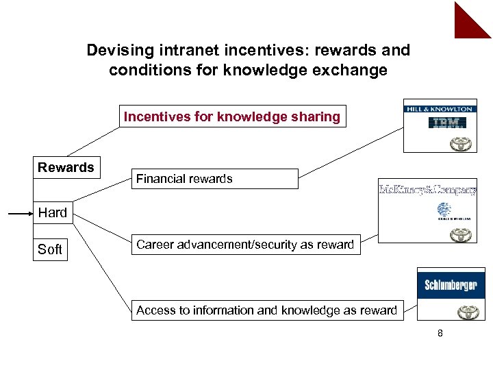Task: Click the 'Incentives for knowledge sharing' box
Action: pyautogui.click(x=232, y=116)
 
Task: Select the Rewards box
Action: pyautogui.click(x=66, y=167)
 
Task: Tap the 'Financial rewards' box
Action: pyautogui.click(x=214, y=179)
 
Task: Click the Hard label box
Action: pyautogui.click(x=53, y=212)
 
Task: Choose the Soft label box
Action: pyautogui.click(x=50, y=249)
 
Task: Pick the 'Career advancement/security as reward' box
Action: pyautogui.click(x=245, y=245)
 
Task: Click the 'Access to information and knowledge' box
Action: pyautogui.click(x=266, y=310)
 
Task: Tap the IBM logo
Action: pyautogui.click(x=446, y=123)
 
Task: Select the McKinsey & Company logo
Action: pyautogui.click(x=427, y=190)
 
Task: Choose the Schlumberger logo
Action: pyautogui.click(x=451, y=285)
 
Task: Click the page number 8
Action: pyautogui.click(x=440, y=334)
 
